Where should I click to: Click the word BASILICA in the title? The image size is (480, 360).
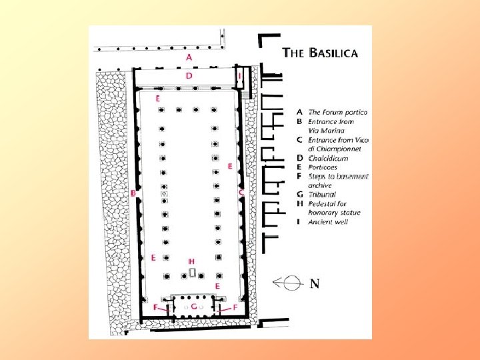point(334,53)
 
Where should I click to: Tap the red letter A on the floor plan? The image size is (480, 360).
point(189,57)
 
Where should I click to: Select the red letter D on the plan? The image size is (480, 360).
point(189,77)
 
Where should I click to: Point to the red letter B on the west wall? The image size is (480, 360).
point(134,193)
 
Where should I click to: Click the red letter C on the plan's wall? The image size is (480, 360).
point(241,192)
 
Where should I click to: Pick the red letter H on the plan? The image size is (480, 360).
point(191,261)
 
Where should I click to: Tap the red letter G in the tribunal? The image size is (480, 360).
point(193,307)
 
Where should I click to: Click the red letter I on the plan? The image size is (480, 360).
point(240,77)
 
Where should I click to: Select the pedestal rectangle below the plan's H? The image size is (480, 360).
point(192,273)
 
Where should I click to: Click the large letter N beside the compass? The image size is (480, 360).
point(315,284)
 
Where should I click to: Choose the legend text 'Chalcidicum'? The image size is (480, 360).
point(329,159)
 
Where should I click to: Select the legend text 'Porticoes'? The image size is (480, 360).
point(323,167)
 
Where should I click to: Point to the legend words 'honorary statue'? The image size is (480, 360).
point(334,212)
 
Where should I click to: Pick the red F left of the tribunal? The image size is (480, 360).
point(156,307)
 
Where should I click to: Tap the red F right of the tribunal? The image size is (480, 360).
point(235,308)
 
